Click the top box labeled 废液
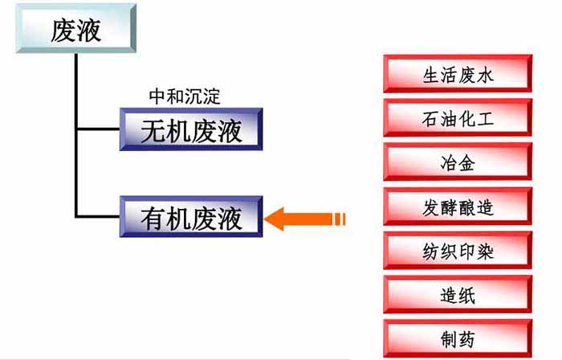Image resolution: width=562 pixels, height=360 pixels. (x=76, y=29)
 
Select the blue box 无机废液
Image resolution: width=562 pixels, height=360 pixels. (x=191, y=129)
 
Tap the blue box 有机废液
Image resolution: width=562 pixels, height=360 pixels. (x=191, y=217)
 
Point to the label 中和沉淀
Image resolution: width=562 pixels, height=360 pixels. (x=185, y=96)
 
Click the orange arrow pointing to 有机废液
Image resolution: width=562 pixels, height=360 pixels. (x=304, y=219)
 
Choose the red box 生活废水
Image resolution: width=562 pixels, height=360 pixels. (x=458, y=73)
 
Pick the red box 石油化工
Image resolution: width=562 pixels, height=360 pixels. (x=458, y=117)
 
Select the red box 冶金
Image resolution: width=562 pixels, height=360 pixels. (x=458, y=162)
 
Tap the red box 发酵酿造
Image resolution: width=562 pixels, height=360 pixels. (x=458, y=207)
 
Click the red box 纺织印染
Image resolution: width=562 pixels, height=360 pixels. (x=458, y=250)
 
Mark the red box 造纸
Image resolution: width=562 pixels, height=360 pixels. (x=458, y=294)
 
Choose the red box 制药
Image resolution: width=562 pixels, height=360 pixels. (x=458, y=338)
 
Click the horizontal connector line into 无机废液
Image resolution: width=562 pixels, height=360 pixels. (x=99, y=129)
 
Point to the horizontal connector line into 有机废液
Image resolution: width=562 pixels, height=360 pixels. (x=97, y=216)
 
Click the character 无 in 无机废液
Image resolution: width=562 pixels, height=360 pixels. (x=153, y=131)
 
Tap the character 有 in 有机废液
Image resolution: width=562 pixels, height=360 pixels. (x=153, y=219)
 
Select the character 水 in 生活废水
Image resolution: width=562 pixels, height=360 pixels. (x=485, y=76)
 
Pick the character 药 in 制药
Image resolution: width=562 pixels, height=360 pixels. (x=466, y=339)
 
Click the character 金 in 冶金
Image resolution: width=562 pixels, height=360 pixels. (x=466, y=163)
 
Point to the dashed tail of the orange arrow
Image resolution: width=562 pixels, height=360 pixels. (x=339, y=219)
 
